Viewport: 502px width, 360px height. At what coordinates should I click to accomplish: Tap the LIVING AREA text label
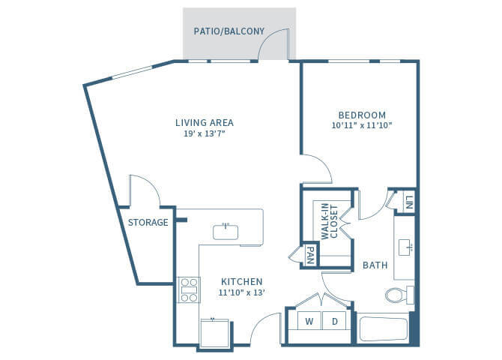coord(205,122)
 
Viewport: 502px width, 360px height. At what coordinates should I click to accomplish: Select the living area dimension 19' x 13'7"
coord(205,133)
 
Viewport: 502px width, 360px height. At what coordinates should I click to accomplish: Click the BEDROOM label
coord(361,115)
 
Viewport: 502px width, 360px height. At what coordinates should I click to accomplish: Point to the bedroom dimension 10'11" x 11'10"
coord(361,126)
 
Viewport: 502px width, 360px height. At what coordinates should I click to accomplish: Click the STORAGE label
coord(147,223)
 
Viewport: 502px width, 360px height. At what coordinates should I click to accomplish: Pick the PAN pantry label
coord(309,256)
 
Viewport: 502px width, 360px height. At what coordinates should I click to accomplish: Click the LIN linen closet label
coord(409,202)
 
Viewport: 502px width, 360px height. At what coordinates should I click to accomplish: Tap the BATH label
coord(375,265)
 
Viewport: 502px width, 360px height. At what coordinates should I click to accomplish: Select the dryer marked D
coord(334,322)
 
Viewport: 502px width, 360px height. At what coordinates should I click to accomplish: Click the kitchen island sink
coord(226,232)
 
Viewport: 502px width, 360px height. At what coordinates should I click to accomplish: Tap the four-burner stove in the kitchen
coord(189,289)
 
